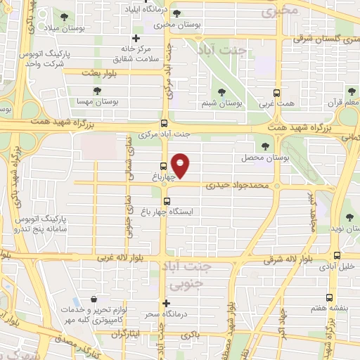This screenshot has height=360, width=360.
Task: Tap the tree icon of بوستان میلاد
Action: [65, 16]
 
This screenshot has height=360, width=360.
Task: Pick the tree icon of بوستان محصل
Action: [265, 146]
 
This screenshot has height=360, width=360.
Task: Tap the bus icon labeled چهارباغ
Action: [163, 167]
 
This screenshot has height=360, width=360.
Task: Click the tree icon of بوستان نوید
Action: [348, 219]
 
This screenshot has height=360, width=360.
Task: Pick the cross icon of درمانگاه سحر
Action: [166, 304]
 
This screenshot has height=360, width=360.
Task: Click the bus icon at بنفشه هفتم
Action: [329, 298]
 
